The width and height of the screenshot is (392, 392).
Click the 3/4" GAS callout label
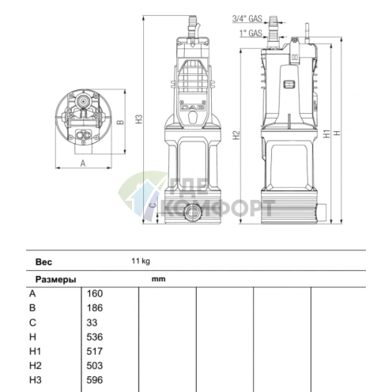(247, 19)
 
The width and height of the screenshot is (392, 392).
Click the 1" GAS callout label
(251, 33)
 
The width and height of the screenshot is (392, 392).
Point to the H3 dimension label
(139, 119)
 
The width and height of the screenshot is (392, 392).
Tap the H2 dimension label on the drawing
(237, 135)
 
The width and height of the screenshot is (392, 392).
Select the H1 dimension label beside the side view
(326, 134)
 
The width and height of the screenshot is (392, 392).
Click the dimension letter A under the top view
(83, 164)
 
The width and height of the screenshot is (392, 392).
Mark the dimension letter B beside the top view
(120, 122)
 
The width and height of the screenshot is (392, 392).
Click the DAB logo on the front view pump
(193, 107)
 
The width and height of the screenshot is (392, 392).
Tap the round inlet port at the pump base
(191, 211)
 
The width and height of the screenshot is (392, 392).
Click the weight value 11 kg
(141, 261)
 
